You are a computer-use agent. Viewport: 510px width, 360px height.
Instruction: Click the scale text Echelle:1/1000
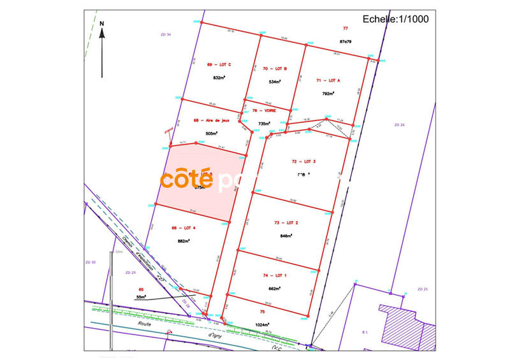click(x=395, y=18)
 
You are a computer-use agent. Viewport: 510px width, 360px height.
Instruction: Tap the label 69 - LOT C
click(x=219, y=64)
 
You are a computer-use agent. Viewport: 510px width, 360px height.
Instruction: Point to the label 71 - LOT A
click(x=328, y=81)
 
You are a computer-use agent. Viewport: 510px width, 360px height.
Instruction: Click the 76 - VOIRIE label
click(x=263, y=110)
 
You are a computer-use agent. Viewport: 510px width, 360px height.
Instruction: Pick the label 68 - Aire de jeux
click(x=211, y=120)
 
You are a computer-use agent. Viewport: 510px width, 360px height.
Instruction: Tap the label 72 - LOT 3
click(x=303, y=162)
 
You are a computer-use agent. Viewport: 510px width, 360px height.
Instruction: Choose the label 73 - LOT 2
click(x=286, y=222)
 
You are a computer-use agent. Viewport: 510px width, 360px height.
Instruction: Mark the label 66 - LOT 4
click(x=184, y=227)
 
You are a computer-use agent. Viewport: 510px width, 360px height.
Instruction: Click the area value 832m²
click(x=219, y=78)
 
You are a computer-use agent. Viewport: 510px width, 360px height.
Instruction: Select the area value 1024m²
click(x=263, y=325)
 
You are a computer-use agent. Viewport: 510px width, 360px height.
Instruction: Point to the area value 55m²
click(x=141, y=296)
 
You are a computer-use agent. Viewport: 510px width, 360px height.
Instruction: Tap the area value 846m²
click(x=286, y=236)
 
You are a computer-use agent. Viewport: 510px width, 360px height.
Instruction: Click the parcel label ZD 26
click(x=400, y=125)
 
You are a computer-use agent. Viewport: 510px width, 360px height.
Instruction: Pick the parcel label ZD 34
click(x=165, y=34)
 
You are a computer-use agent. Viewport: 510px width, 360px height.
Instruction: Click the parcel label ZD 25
click(x=421, y=289)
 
